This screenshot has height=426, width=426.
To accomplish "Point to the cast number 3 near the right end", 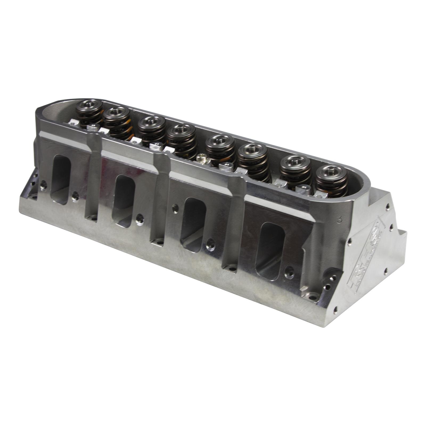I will pos(339,220).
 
